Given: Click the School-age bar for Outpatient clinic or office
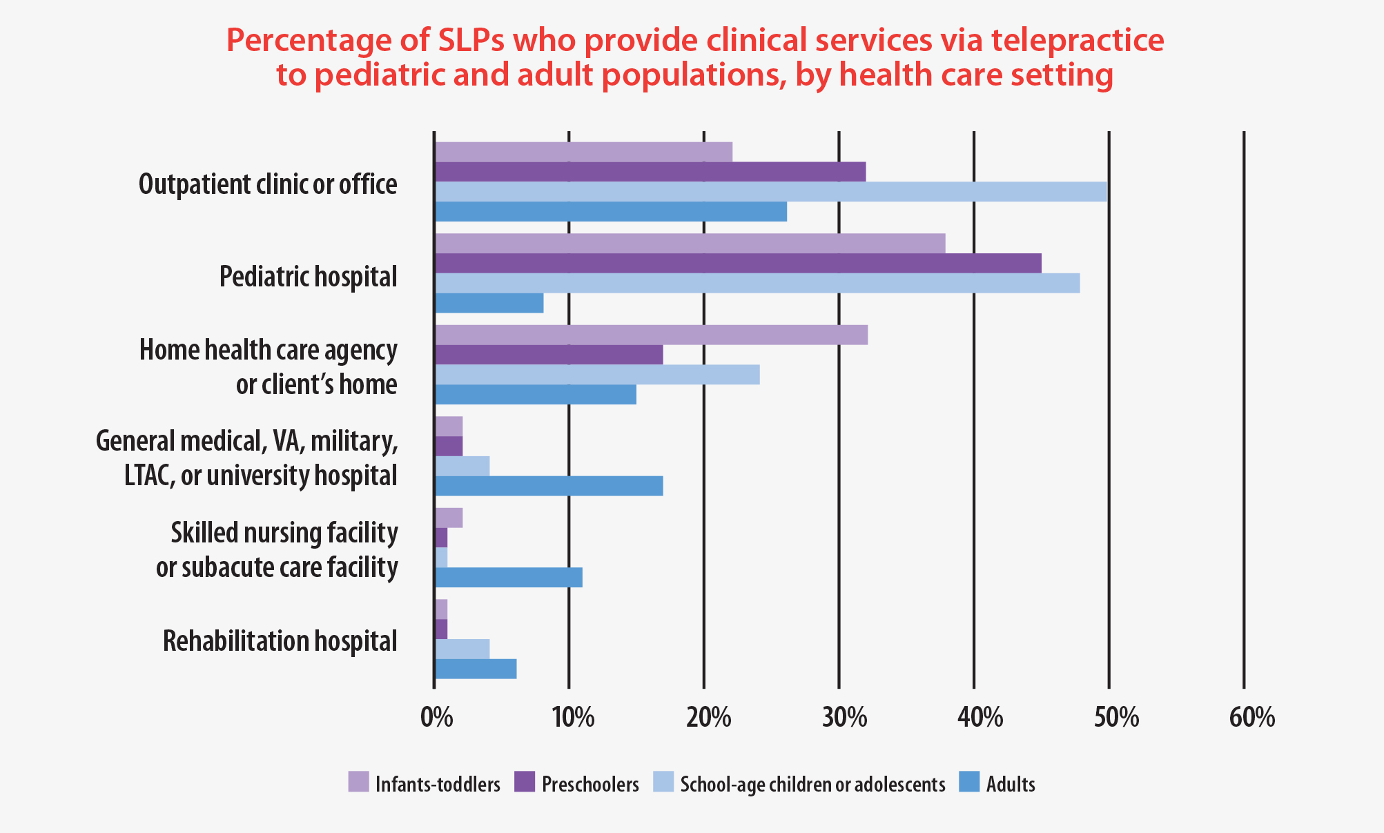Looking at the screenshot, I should [x=770, y=191].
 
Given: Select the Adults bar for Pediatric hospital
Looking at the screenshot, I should [x=489, y=303].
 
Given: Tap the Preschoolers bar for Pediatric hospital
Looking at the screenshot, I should [x=737, y=263].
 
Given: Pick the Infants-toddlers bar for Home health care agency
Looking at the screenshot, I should [x=650, y=335].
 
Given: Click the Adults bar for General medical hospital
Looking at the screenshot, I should [x=549, y=486].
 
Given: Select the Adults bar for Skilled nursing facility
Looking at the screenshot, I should [x=508, y=577].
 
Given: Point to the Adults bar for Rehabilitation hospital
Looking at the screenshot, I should [x=475, y=669].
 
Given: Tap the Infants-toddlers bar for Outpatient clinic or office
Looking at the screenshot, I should [x=583, y=151].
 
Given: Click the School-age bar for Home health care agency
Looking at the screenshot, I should [x=597, y=375].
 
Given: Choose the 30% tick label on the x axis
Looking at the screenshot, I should [x=844, y=718].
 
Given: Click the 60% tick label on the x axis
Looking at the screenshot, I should [x=1251, y=718].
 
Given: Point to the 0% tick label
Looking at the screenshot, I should [x=436, y=718].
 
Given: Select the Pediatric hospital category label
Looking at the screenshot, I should [x=308, y=277].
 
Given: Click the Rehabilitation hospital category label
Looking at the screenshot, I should [x=280, y=641].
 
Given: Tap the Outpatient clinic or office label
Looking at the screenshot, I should [x=268, y=185].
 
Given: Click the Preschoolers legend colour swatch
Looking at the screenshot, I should [x=525, y=782].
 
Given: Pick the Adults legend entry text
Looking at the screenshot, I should [x=1011, y=785].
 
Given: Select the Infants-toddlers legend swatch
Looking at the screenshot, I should [x=358, y=782].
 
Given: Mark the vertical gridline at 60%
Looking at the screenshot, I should [x=1244, y=414].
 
